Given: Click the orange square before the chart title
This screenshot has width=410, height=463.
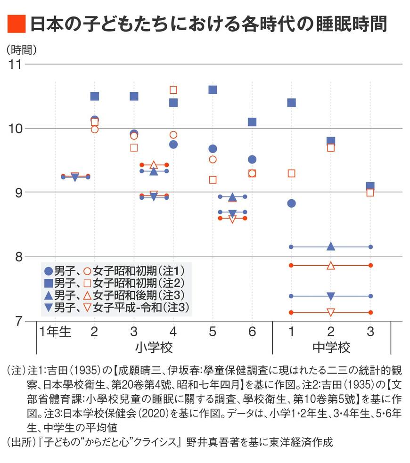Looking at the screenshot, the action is click(16, 24).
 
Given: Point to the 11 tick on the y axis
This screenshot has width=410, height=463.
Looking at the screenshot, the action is click(15, 65).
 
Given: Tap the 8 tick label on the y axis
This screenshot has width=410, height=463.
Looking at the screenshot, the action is click(19, 257).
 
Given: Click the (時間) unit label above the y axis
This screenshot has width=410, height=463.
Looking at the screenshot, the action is click(22, 50).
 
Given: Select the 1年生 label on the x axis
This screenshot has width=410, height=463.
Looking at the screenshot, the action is click(55, 332).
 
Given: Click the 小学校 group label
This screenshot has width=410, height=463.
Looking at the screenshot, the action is click(154, 348).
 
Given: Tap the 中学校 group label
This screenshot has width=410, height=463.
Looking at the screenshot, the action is click(331, 348).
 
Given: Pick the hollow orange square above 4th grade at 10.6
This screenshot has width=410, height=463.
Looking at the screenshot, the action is click(173, 90).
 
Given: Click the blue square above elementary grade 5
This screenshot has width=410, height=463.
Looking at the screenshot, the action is click(213, 90).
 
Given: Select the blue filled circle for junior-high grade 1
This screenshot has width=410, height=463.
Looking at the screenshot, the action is click(292, 203).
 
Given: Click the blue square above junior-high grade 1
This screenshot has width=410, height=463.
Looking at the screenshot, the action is click(292, 103).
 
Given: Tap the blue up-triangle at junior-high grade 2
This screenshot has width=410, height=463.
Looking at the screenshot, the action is click(331, 246).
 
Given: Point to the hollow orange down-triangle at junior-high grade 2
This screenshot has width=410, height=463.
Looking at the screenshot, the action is click(331, 312).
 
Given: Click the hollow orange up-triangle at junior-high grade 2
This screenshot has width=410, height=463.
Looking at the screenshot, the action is click(331, 266).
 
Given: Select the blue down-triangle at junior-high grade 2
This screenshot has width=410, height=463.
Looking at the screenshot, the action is click(331, 296).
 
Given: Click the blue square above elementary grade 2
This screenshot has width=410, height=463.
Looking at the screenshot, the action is click(95, 96).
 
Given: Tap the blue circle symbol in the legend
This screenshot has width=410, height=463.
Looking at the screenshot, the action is click(49, 271).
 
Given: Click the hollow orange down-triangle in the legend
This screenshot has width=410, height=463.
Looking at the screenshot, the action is click(88, 308).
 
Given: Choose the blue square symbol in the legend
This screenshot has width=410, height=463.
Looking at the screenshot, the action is click(49, 284).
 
